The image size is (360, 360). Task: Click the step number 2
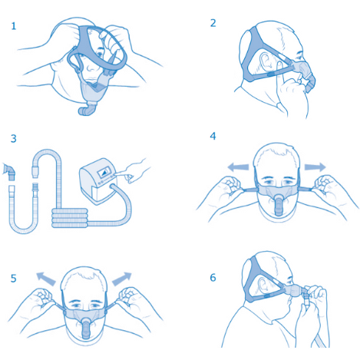pos(213,22)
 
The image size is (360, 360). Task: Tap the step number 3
pos(13,139)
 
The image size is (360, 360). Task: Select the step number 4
pos(213,136)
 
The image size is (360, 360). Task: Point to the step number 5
pos(13,278)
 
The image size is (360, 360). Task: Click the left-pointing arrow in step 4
pos(239,165)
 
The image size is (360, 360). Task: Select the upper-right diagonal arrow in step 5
pos(121,279)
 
